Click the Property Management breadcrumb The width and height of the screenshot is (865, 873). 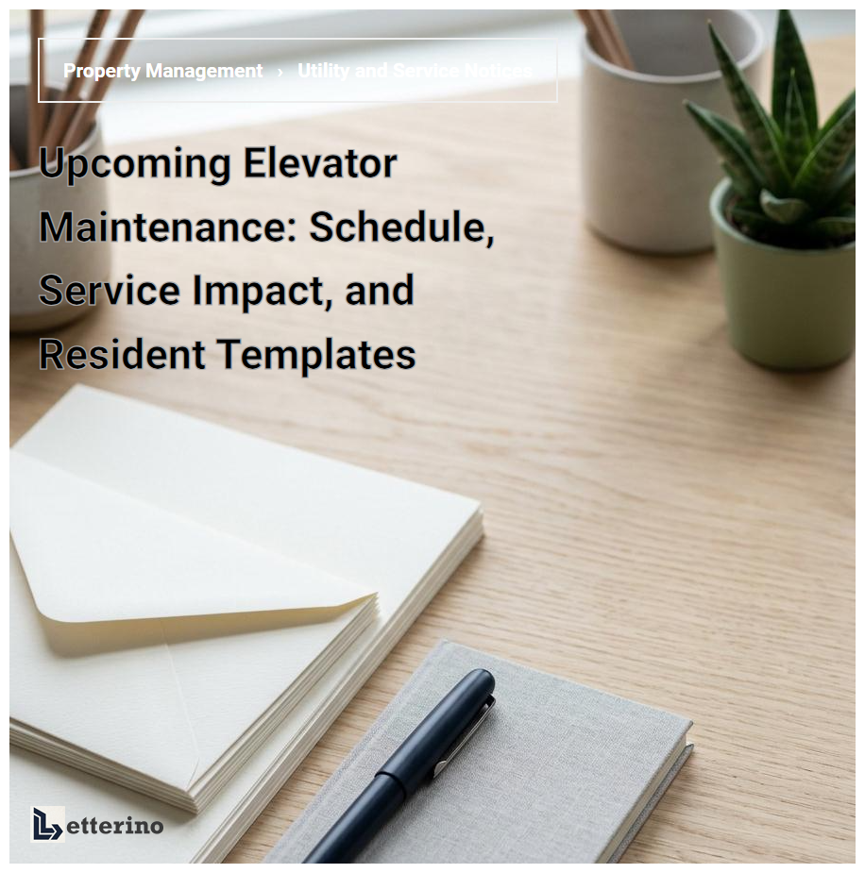162,71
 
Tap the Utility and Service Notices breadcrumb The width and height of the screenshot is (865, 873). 414,71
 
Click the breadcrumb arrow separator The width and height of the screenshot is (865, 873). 280,72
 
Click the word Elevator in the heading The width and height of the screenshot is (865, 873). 320,164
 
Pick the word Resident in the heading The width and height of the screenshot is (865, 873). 122,354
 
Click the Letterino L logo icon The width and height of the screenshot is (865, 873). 47,823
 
